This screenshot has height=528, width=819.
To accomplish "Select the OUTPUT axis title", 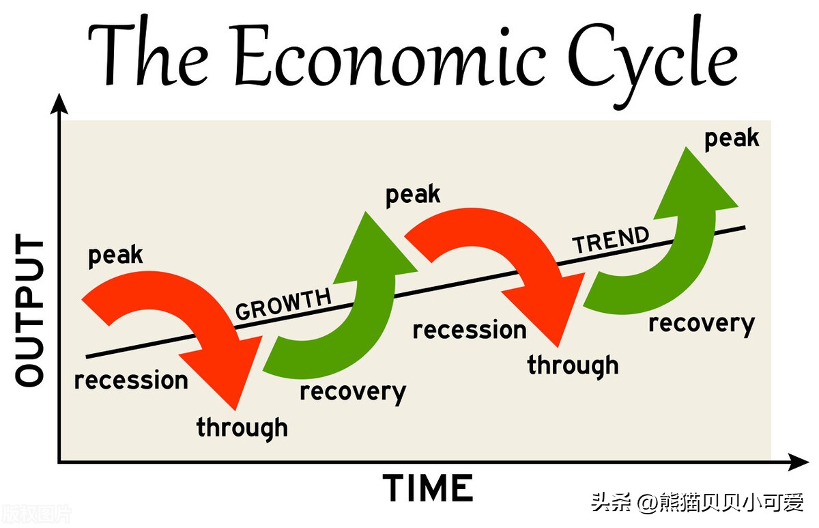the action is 29,309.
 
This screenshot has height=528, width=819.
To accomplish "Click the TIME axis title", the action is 428,488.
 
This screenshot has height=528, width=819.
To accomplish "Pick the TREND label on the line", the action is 611,239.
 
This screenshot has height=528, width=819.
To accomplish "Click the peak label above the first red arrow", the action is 115,255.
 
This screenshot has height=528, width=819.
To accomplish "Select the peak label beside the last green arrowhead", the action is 732,139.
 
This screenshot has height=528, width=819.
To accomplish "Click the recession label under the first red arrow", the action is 131,380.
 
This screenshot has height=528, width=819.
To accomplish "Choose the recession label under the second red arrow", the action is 470,330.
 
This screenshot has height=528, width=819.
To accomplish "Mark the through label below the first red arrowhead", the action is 242,428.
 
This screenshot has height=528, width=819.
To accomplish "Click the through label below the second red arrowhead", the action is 573,365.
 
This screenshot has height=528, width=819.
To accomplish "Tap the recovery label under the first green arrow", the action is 353,393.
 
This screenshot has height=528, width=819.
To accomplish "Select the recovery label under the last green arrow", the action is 702,324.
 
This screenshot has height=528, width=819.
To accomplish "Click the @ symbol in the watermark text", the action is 648,503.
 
